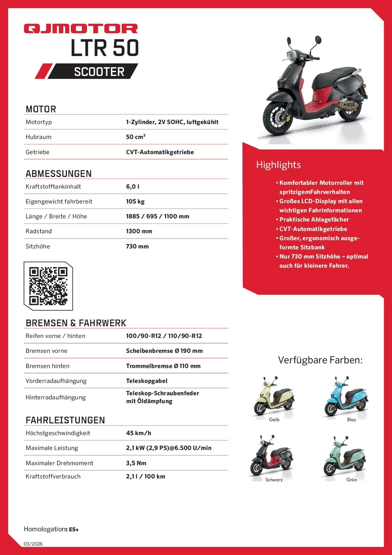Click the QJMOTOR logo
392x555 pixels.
81,29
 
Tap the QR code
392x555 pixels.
48,286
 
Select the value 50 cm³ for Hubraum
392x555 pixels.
135,137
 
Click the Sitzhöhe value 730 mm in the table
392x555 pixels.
137,246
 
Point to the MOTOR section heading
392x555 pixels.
41,109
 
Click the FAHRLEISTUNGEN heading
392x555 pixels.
65,420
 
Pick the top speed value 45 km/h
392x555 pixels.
138,433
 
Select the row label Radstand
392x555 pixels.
39,231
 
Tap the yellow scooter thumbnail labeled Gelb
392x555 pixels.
273,396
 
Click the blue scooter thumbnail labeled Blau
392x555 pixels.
346,396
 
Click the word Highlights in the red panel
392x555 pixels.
278,165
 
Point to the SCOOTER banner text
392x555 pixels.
99,72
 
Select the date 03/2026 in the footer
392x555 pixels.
33,544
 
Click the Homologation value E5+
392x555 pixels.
74,529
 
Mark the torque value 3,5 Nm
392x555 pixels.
136,463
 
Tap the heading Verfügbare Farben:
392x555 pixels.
320,360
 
